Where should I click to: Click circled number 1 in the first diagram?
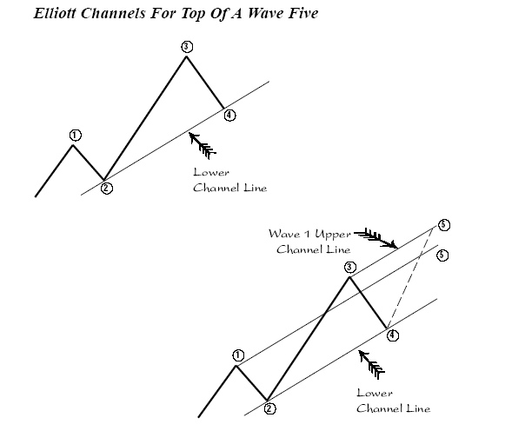[76, 135]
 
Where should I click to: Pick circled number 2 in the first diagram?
[106, 188]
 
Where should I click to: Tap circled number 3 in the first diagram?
[186, 46]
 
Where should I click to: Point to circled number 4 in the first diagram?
[229, 114]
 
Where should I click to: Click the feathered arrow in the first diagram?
[202, 143]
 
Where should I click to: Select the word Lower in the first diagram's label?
[212, 172]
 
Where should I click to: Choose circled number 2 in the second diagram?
[269, 408]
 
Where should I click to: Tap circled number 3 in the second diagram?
[350, 267]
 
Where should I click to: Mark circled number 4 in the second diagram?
[393, 334]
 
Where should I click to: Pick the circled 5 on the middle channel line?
[442, 255]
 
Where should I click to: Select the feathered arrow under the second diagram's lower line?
[372, 365]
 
